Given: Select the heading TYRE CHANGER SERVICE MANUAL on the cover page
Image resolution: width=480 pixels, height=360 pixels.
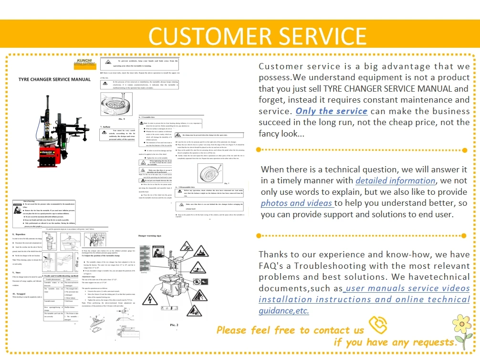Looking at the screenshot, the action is coord(54,79).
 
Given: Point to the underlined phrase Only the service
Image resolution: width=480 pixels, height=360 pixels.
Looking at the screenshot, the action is coord(332,111).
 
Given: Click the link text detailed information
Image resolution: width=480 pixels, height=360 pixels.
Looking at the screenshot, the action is coord(396,180).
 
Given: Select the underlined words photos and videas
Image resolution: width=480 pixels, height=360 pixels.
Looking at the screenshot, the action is coord(296,203).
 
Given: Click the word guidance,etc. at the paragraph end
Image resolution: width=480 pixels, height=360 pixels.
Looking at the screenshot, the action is coord(284,311).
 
